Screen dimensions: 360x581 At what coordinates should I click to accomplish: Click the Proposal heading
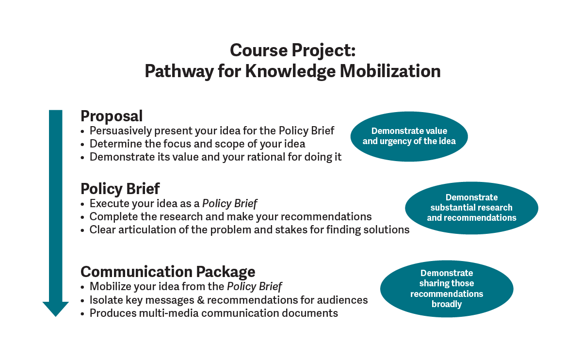click(x=112, y=116)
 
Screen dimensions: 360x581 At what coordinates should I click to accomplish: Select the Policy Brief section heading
click(x=120, y=188)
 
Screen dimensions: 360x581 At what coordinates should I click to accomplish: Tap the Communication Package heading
click(x=168, y=271)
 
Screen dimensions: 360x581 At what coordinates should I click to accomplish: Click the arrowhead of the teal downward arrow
click(x=56, y=309)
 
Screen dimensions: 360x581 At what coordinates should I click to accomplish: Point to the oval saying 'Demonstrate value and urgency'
click(x=409, y=136)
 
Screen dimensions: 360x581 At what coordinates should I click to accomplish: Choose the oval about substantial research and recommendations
click(x=471, y=208)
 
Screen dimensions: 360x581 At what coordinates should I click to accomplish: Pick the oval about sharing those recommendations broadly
click(x=446, y=289)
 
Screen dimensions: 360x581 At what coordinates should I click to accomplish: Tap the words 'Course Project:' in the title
click(x=292, y=50)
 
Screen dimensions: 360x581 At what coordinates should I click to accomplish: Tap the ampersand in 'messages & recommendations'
click(x=200, y=300)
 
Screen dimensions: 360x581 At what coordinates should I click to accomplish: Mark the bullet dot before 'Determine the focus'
click(x=84, y=144)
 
